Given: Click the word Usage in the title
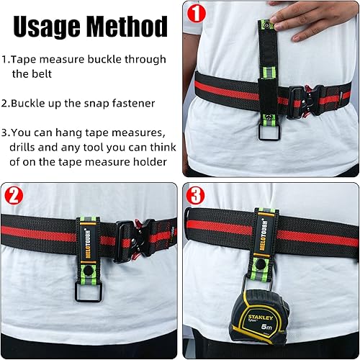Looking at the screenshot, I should tap(48, 27).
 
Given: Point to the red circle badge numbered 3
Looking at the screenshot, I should tap(194, 194).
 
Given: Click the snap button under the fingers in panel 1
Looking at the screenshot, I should tap(267, 27).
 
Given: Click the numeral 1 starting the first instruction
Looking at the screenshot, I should tap(6, 59).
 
